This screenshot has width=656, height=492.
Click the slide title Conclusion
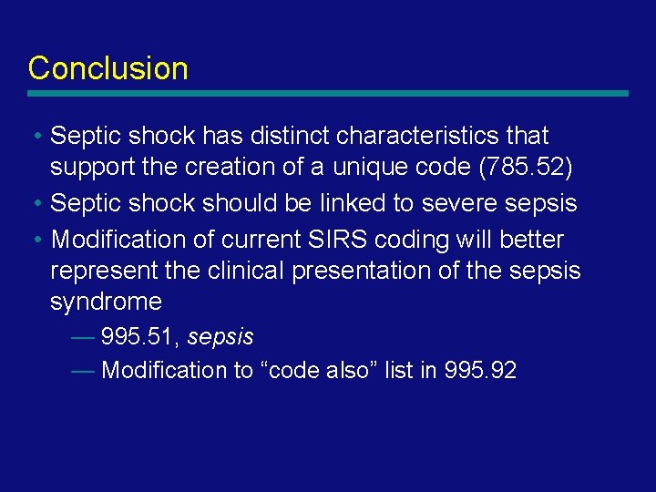coord(108,68)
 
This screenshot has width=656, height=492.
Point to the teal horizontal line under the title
coord(328,93)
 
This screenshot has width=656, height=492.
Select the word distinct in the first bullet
coord(283,136)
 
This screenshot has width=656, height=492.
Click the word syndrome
coord(106,302)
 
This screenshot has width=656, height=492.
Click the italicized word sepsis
coord(220,337)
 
